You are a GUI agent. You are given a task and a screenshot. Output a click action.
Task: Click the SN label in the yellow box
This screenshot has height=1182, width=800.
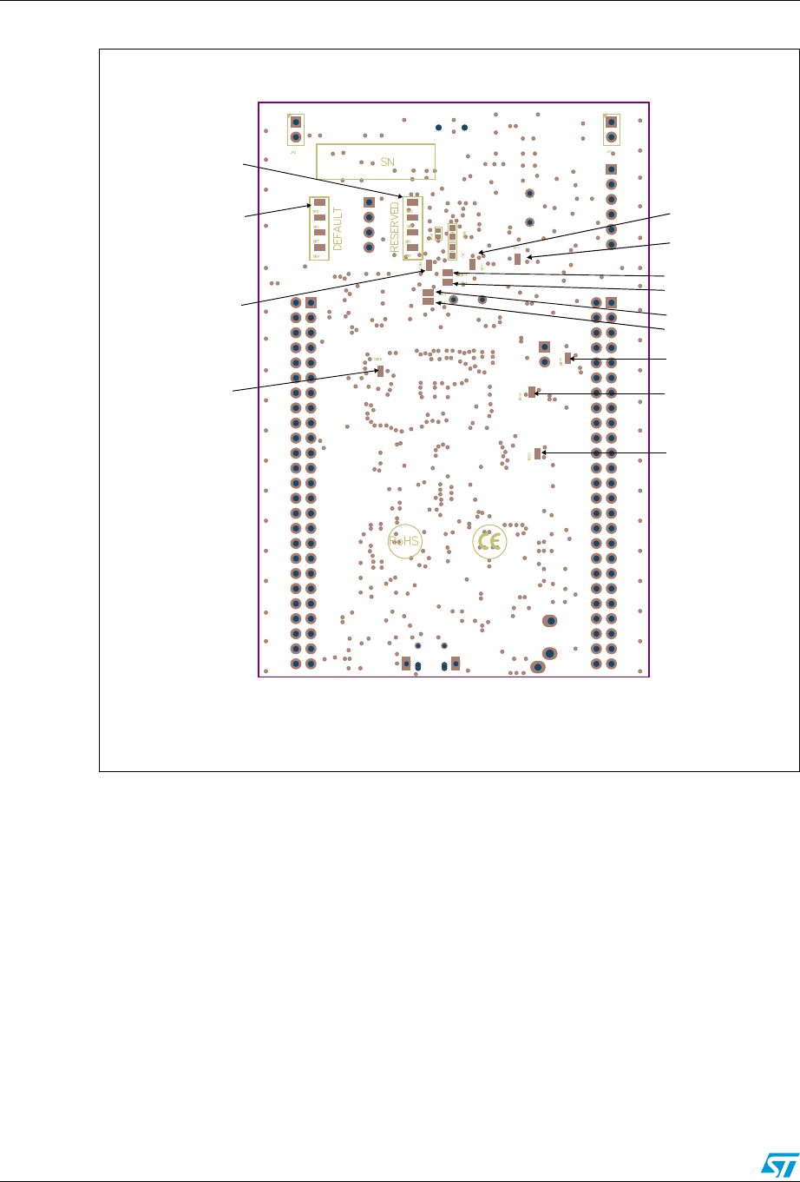click(387, 162)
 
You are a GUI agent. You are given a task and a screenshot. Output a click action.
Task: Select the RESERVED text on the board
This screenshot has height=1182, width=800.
click(394, 228)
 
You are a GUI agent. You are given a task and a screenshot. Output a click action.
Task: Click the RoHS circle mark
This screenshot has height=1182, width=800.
click(404, 541)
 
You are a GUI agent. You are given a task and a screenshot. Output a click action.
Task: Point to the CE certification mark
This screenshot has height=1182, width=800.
click(489, 542)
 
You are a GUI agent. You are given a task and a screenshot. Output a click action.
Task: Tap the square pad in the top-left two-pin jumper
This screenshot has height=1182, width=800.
click(296, 122)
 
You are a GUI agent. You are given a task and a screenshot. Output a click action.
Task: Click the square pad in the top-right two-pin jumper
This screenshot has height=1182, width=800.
click(612, 122)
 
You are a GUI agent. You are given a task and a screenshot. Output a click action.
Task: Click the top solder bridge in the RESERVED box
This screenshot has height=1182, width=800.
click(413, 202)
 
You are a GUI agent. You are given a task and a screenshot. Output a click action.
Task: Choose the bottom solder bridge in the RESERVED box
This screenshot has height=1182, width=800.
click(413, 247)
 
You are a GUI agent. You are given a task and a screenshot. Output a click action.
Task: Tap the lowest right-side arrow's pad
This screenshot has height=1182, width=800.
click(538, 452)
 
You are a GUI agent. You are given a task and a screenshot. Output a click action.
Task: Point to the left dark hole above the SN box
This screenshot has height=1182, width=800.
click(439, 128)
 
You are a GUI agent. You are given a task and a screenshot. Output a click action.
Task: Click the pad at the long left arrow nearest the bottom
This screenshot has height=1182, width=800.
click(380, 371)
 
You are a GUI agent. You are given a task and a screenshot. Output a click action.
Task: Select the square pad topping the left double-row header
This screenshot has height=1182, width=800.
click(311, 302)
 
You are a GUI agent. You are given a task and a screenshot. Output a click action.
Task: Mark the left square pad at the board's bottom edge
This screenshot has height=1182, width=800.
click(406, 664)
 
